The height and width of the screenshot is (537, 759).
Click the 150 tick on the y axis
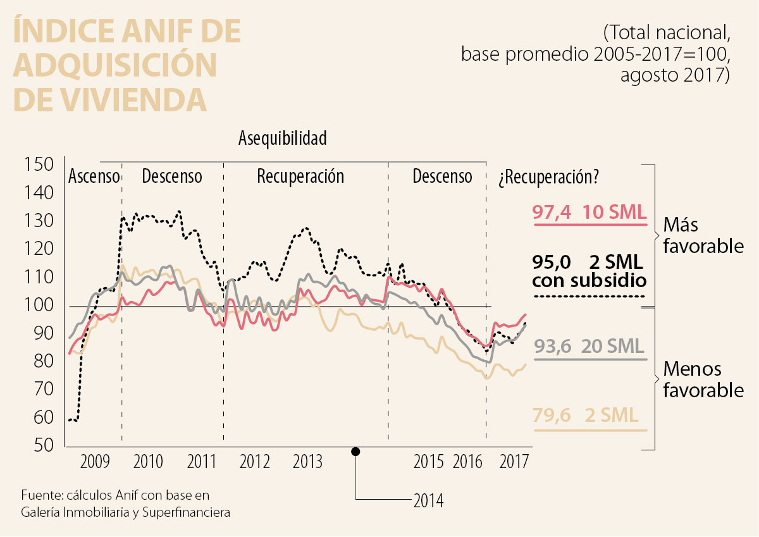39,165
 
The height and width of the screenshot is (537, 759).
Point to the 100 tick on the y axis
39,306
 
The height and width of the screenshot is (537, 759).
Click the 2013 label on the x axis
307,462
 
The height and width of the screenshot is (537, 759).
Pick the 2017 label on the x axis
514,462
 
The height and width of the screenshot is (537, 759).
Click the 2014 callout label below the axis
428,501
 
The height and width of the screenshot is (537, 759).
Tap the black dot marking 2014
355,451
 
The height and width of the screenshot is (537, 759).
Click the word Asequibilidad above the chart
283,139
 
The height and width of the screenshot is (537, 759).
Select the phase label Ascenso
94,176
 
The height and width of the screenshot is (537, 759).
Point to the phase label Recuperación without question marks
300,176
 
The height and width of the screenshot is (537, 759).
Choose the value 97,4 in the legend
552,213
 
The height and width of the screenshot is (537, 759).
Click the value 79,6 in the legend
552,416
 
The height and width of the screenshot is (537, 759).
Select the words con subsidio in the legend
589,280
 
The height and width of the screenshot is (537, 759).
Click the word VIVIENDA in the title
110,100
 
